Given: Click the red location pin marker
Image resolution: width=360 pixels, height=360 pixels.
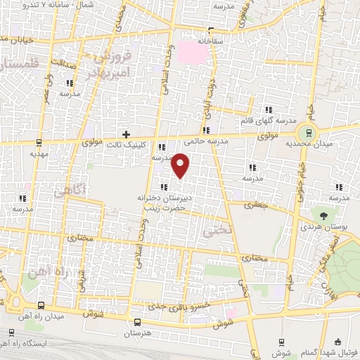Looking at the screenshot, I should [181, 165].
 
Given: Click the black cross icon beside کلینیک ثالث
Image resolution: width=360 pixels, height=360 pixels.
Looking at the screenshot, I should [126, 134].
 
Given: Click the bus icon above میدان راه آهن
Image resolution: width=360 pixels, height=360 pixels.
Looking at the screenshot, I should [42, 305].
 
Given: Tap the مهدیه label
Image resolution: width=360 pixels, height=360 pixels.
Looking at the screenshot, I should [38, 153].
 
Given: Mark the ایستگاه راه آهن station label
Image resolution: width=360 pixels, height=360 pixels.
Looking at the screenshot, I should [39, 345].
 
